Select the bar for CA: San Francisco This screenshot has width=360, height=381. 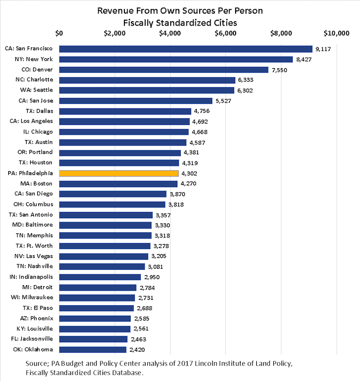[x=185, y=49]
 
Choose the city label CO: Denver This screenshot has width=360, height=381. [x=37, y=70]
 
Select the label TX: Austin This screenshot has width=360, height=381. [x=37, y=142]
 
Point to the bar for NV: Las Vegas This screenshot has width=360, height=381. [x=104, y=256]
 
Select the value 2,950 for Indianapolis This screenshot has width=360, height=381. [x=153, y=277]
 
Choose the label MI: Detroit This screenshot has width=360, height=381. [x=37, y=287]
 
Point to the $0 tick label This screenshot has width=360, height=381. [x=59, y=33]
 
